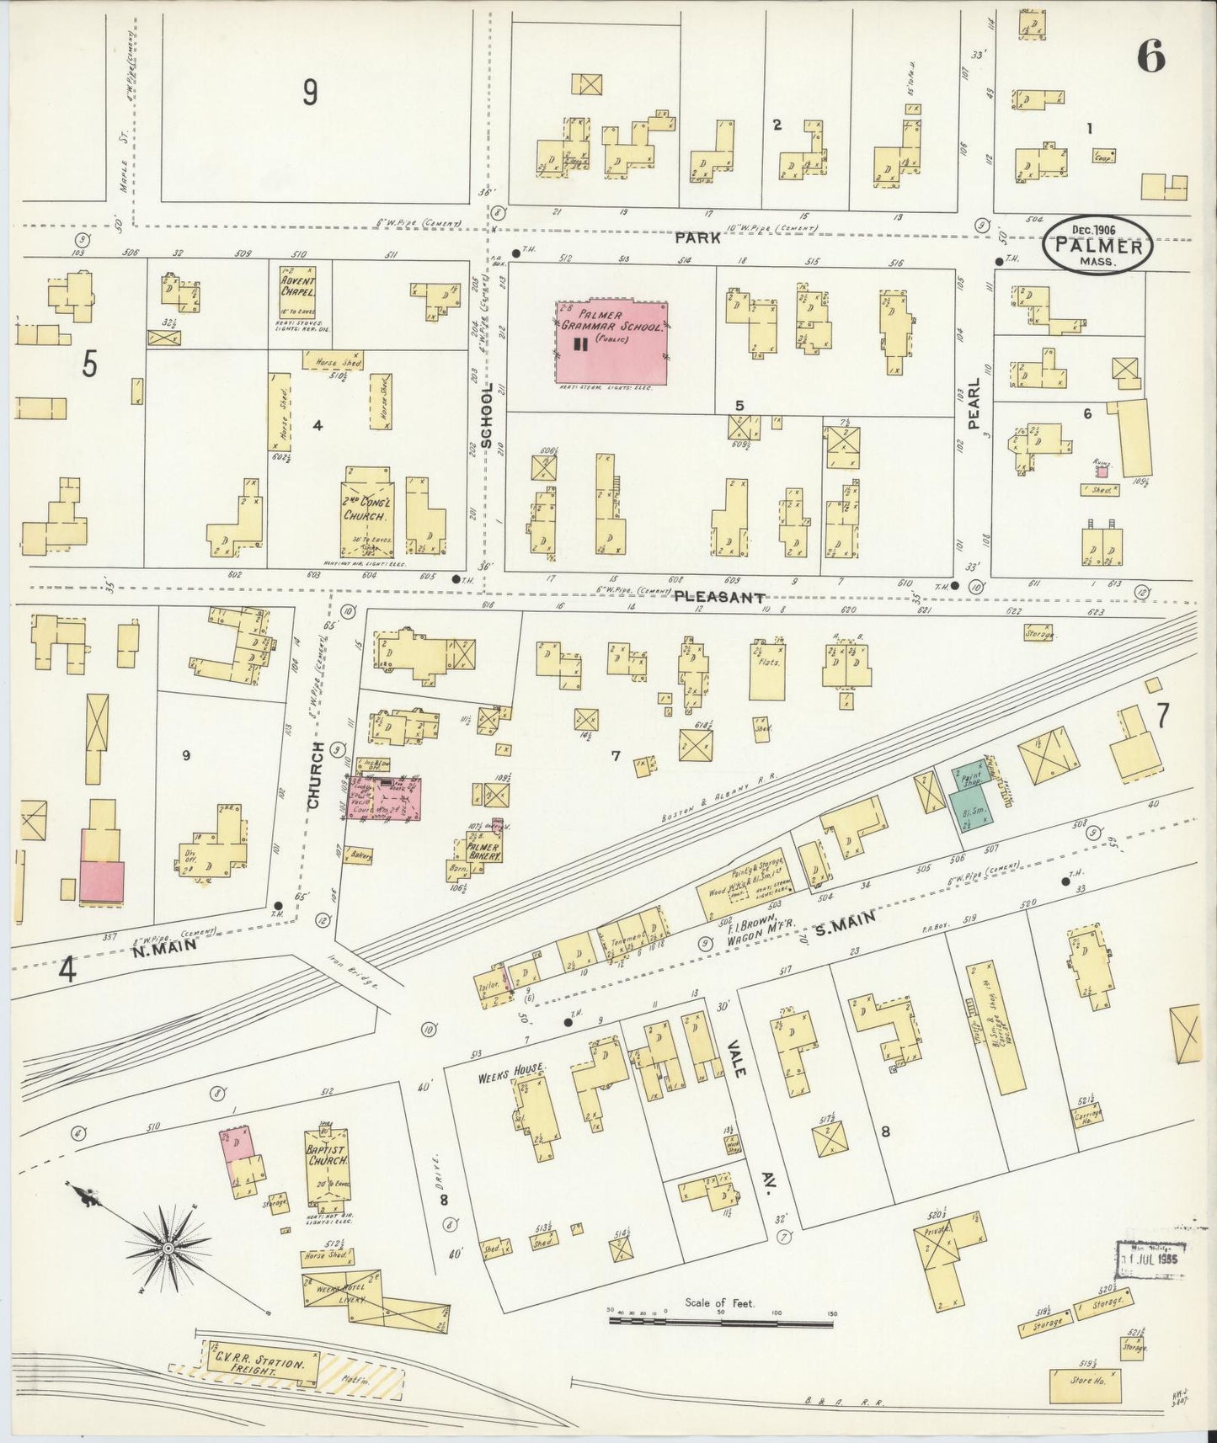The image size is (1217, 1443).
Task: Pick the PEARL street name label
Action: click(974, 404)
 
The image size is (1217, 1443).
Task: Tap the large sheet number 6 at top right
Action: click(1150, 57)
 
